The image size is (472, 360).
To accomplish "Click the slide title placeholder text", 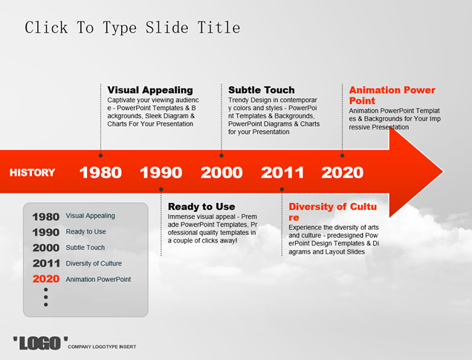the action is coord(132,28).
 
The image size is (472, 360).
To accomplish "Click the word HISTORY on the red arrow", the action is coord(32,173).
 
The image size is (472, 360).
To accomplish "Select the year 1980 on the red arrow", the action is coord(100,173).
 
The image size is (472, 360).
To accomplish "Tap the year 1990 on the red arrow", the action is coord(161,173).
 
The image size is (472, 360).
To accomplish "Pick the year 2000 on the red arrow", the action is coord(222,173).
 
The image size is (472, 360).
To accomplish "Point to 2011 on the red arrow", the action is coord(282,173).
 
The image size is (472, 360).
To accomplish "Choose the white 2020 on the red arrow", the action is coord(342,173).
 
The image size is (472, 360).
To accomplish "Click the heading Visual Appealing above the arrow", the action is coord(150,90).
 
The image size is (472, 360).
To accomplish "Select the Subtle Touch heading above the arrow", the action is coord(262,90).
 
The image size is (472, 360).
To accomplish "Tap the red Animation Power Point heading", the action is coord(392,95).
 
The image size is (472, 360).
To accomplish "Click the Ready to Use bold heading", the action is coord(201,207).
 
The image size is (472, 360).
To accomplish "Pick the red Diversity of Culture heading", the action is coord(332,212).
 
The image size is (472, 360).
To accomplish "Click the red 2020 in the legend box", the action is coord(46,279).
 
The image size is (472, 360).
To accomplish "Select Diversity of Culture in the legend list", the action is coord(94,263).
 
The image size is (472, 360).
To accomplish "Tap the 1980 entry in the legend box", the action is coord(46,217).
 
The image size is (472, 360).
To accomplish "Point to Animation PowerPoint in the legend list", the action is coord(98,280).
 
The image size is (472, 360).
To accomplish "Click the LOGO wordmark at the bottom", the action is coord(40,344).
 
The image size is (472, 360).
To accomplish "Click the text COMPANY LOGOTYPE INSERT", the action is coord(102,347).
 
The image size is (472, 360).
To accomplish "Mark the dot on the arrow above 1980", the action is coord(100,155).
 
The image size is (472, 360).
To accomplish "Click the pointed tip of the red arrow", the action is coord(444,172).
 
